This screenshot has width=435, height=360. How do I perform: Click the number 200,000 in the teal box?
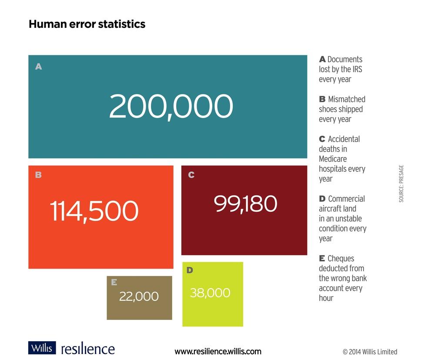(x=171, y=107)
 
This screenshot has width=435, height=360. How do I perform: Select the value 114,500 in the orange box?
(x=94, y=211)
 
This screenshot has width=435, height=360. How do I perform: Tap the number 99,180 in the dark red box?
(x=245, y=204)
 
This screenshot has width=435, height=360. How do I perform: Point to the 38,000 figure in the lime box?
(x=210, y=293)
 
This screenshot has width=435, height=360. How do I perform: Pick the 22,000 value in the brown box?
(x=139, y=296)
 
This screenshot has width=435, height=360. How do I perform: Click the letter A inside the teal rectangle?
(x=39, y=67)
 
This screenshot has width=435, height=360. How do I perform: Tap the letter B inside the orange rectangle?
(x=38, y=175)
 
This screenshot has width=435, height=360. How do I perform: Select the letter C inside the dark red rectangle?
(x=191, y=175)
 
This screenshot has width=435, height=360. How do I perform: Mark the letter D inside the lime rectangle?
(x=190, y=270)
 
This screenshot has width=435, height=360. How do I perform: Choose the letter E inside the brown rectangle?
(x=114, y=283)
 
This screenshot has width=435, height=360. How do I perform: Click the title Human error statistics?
(x=87, y=24)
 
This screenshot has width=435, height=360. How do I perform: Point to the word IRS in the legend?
(x=355, y=69)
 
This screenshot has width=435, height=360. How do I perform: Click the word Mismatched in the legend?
(x=346, y=99)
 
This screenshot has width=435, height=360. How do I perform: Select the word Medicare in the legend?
(x=333, y=159)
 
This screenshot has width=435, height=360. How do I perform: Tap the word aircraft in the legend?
(x=331, y=209)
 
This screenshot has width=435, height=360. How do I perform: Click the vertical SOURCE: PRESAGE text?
(x=401, y=183)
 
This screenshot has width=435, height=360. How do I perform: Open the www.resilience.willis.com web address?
(x=218, y=351)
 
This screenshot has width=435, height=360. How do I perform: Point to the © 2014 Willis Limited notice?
(x=370, y=352)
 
